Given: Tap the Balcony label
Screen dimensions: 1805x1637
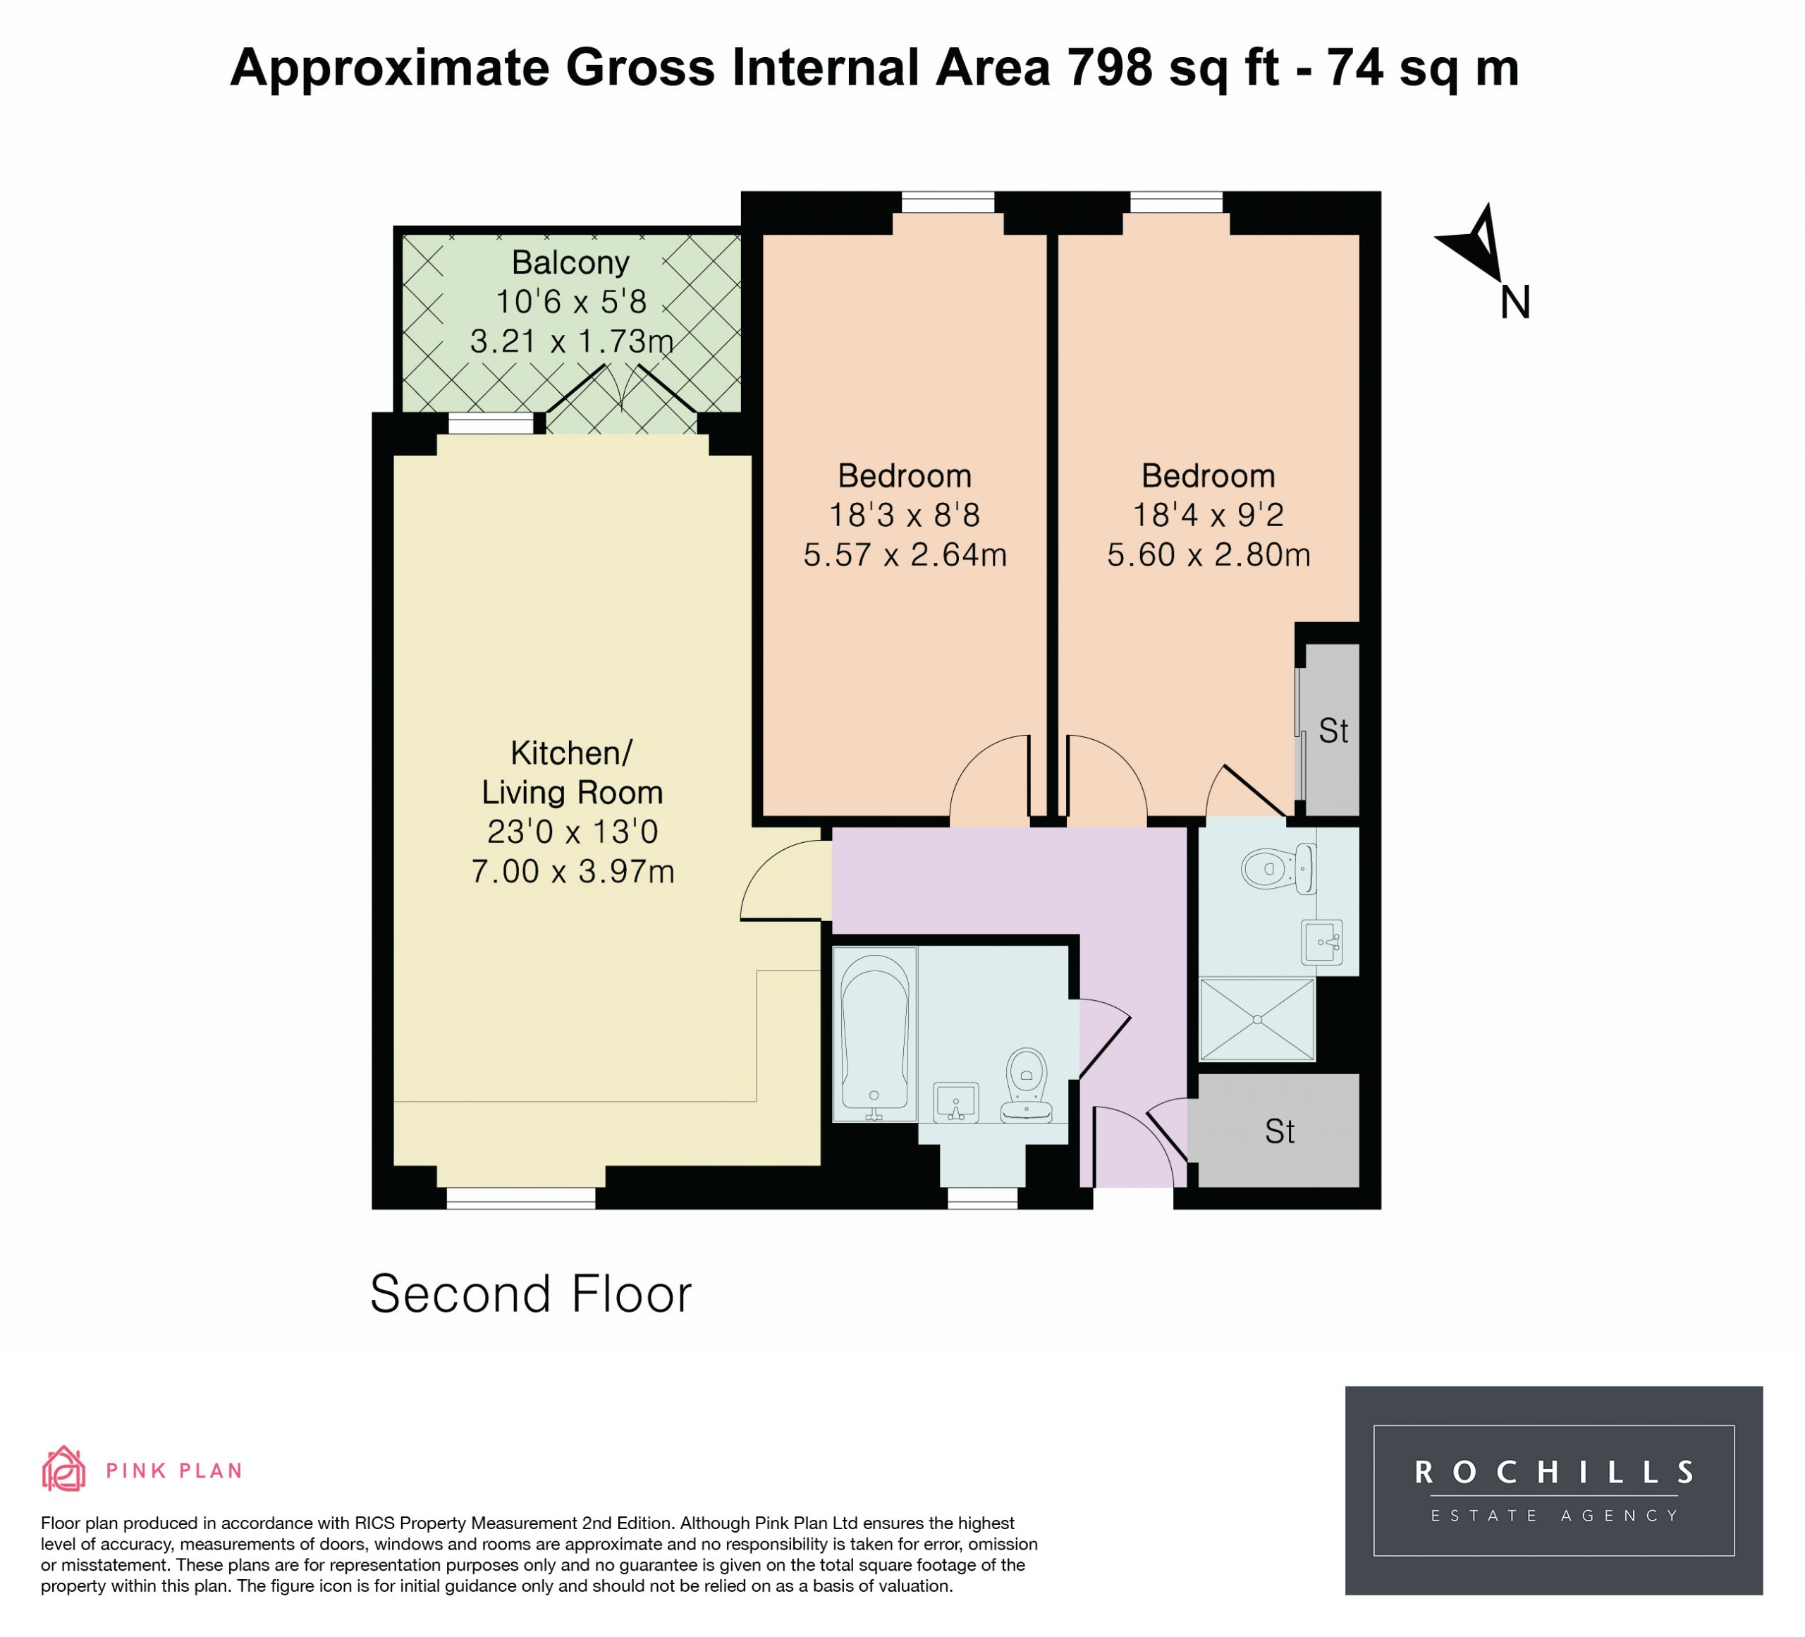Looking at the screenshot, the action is click(570, 262).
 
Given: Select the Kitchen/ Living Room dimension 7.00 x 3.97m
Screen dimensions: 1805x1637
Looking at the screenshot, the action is click(572, 871).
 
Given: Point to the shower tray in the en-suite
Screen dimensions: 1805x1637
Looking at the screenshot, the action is click(1257, 1019).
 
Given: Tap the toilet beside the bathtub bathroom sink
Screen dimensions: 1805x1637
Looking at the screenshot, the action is click(1027, 1085).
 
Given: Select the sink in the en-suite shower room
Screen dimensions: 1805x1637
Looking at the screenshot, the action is click(1323, 941).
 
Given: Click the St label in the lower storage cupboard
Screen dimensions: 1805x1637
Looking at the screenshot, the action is click(1280, 1132).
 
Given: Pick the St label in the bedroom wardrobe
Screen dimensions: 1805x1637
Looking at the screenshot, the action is click(1333, 731).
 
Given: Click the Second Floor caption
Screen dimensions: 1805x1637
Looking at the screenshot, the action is click(531, 1294).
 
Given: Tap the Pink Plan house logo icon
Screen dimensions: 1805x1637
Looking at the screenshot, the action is click(63, 1471).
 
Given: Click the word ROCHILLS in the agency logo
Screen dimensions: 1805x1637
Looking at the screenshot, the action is click(1553, 1472).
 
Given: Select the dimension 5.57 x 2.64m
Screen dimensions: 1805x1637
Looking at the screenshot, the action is click(905, 555).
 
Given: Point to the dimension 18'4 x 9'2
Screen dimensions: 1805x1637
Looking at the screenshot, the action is click(1208, 515).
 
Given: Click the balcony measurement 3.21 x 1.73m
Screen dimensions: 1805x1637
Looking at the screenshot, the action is click(571, 341).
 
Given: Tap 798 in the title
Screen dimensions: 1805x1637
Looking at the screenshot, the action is click(1109, 68).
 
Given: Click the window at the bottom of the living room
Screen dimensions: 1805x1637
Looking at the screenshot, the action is click(521, 1198).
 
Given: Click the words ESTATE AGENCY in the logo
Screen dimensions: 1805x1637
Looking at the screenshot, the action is click(1554, 1516).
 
